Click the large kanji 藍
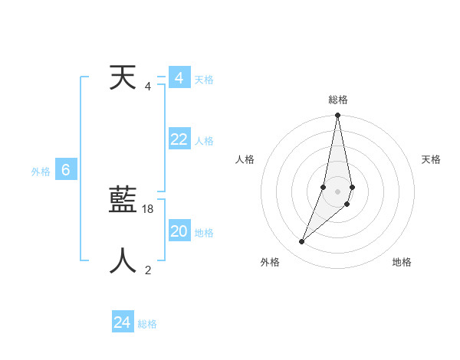tap(122, 201)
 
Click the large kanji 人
tap(122, 260)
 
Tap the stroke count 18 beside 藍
tap(149, 209)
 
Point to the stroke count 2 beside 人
tap(148, 269)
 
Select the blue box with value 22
tap(179, 139)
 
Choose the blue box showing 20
tap(179, 231)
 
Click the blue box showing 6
tap(66, 170)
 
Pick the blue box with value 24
tap(123, 322)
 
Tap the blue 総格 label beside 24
tap(147, 324)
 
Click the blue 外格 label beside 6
tap(41, 172)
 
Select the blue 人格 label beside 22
tap(204, 141)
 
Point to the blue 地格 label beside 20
tap(204, 233)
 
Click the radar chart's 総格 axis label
tap(338, 100)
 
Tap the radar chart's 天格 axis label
tap(432, 159)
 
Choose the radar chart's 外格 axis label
tap(270, 262)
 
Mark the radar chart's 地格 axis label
tap(402, 262)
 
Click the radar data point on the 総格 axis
tap(337, 116)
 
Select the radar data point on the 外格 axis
tap(302, 242)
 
